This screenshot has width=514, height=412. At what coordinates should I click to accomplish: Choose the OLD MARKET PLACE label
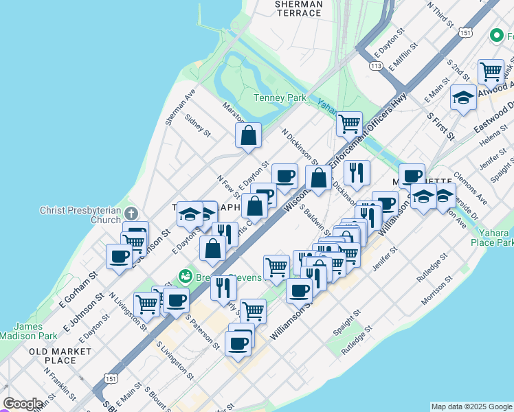tap(60, 356)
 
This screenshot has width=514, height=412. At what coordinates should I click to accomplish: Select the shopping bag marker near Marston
tap(249, 135)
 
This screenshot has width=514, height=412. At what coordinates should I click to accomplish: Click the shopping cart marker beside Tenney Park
tap(349, 124)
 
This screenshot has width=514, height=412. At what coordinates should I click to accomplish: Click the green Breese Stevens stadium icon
tap(184, 277)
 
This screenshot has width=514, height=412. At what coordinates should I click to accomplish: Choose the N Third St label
tap(440, 14)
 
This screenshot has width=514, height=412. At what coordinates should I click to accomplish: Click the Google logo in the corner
tap(23, 404)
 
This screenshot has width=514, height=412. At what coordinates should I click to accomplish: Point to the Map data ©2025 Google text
tap(471, 407)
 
